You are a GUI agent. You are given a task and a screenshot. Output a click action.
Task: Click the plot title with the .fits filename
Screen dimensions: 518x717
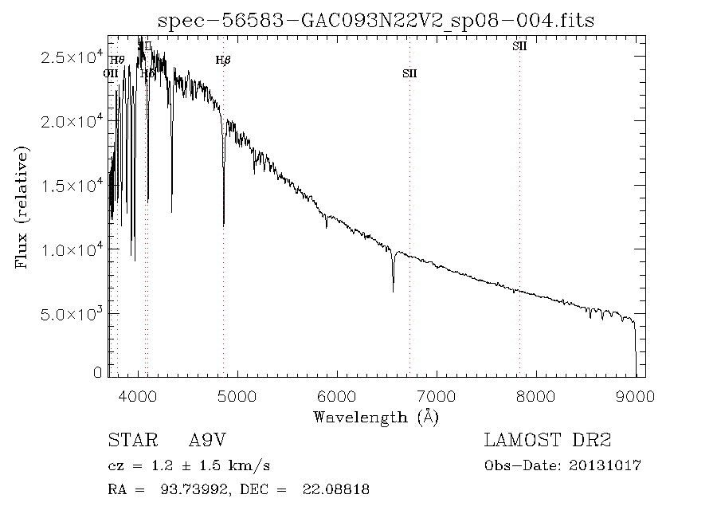tap(377, 20)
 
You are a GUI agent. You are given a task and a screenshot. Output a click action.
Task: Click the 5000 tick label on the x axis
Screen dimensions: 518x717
tap(237, 394)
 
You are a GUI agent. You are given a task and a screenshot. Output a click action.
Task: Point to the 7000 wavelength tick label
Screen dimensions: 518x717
tap(437, 394)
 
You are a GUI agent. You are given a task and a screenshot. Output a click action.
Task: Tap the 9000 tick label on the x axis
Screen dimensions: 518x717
tap(635, 394)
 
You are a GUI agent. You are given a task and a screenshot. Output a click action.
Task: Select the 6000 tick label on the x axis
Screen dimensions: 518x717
tap(337, 394)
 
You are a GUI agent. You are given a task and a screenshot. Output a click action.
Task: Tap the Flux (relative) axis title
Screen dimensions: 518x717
tap(22, 206)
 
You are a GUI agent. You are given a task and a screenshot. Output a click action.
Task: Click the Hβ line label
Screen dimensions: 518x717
tap(223, 60)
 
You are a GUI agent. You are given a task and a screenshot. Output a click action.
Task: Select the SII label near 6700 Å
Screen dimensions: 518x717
tap(409, 74)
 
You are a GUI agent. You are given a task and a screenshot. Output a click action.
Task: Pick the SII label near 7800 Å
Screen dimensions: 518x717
tap(519, 47)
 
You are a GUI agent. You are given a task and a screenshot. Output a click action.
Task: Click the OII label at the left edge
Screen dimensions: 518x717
tap(111, 73)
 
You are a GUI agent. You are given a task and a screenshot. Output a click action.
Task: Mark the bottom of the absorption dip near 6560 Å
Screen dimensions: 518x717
tap(393, 292)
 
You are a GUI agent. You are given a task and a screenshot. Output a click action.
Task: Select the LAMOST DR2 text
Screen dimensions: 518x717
tap(547, 441)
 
